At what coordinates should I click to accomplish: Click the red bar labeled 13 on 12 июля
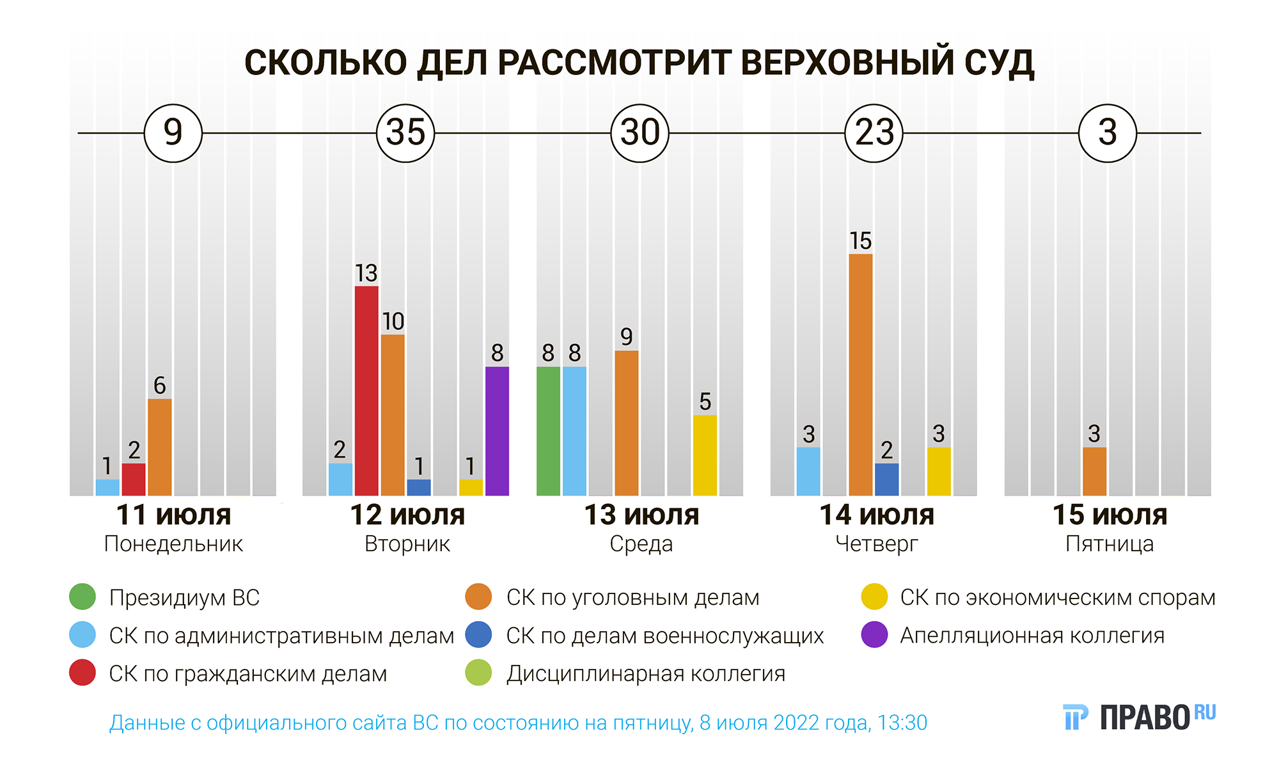[x=366, y=391]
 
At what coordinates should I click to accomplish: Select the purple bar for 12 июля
[x=497, y=431]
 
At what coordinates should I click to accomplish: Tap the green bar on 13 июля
[x=548, y=431]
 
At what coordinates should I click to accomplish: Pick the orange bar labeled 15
[x=860, y=375]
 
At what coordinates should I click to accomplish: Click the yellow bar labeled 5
[x=705, y=455]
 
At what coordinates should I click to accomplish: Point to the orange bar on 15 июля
[x=1094, y=471]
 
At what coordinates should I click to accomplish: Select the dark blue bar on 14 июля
[x=886, y=479]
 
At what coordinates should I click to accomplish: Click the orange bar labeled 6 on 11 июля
[x=159, y=447]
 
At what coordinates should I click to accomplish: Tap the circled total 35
[x=405, y=133]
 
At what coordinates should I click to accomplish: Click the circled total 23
[x=874, y=133]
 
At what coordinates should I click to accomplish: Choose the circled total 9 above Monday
[x=173, y=133]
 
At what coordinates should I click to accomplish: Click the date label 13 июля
[x=641, y=515]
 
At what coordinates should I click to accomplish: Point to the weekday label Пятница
[x=1110, y=544]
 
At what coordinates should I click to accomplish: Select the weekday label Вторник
[x=407, y=544]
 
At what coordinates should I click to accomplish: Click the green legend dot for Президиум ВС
[x=82, y=597]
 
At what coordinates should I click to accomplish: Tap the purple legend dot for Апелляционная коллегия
[x=874, y=635]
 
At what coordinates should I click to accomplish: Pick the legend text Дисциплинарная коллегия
[x=646, y=673]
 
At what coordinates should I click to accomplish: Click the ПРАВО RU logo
[x=1139, y=717]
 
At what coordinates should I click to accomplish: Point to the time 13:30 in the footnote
[x=902, y=723]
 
